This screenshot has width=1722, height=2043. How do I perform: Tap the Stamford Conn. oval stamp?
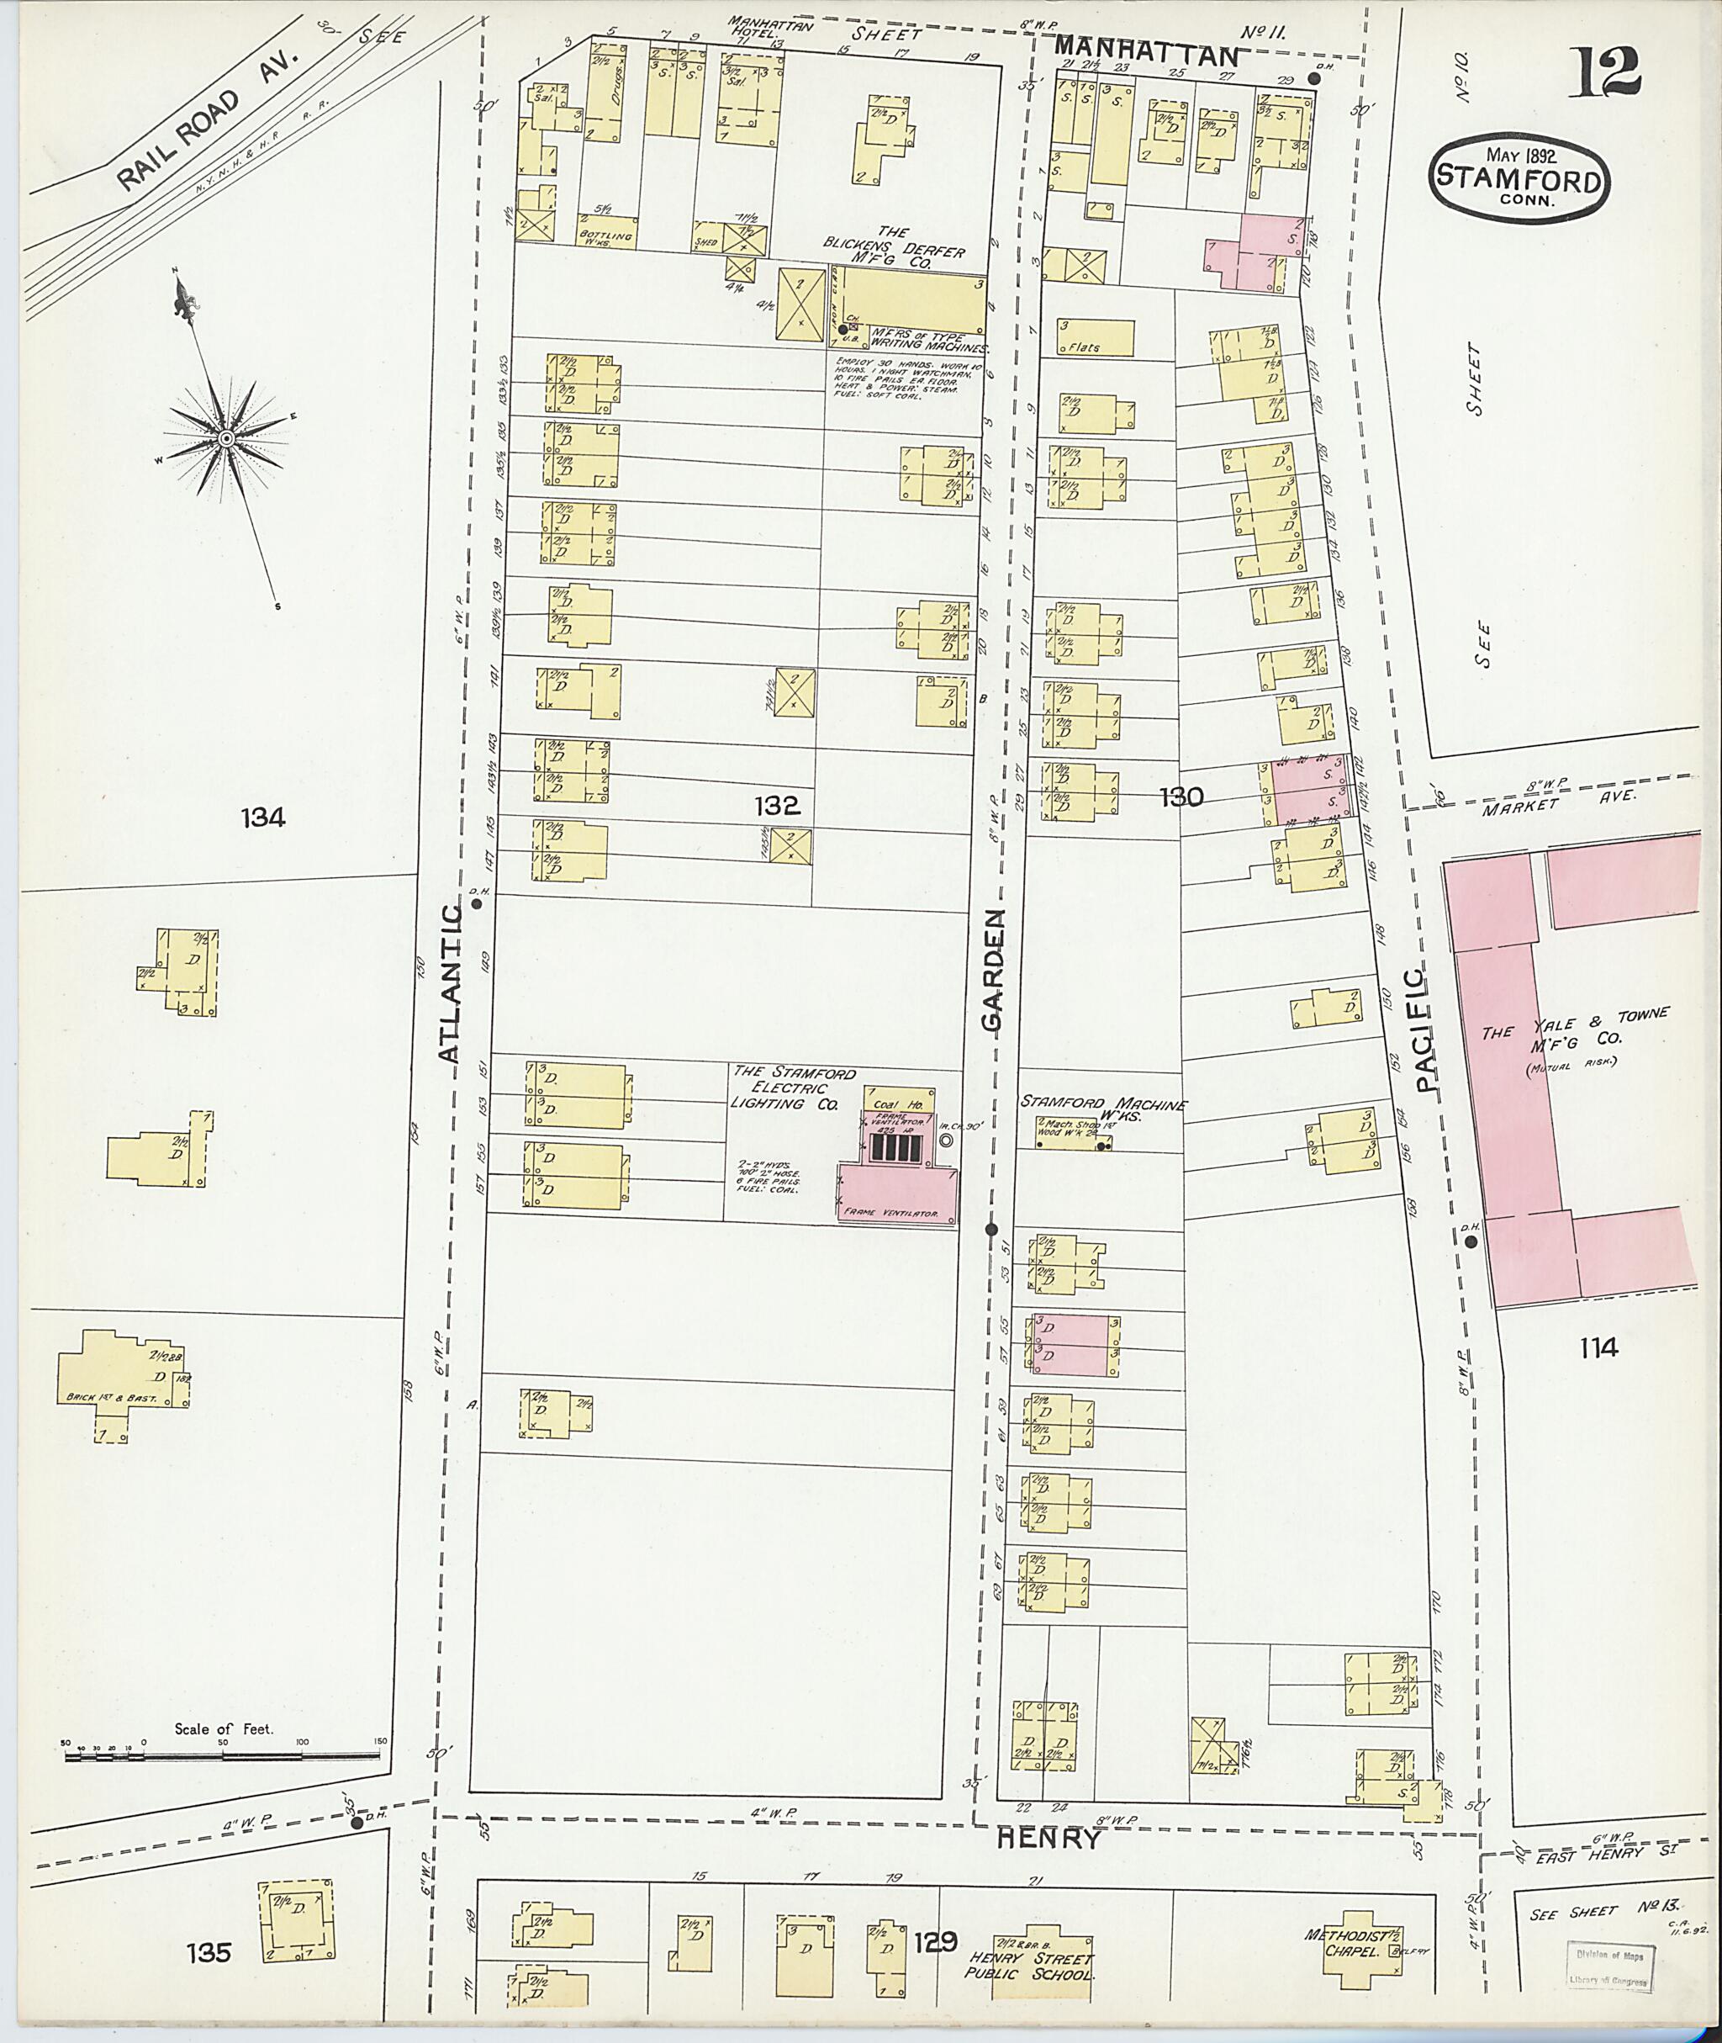pyautogui.click(x=1520, y=178)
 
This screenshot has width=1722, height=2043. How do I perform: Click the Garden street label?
pyautogui.click(x=994, y=971)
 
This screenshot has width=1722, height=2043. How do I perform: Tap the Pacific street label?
pyautogui.click(x=1426, y=1030)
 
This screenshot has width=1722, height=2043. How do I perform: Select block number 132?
pyautogui.click(x=777, y=806)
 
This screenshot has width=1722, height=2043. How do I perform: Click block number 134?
pyautogui.click(x=262, y=817)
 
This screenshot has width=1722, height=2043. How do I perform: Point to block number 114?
pyautogui.click(x=1598, y=1347)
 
